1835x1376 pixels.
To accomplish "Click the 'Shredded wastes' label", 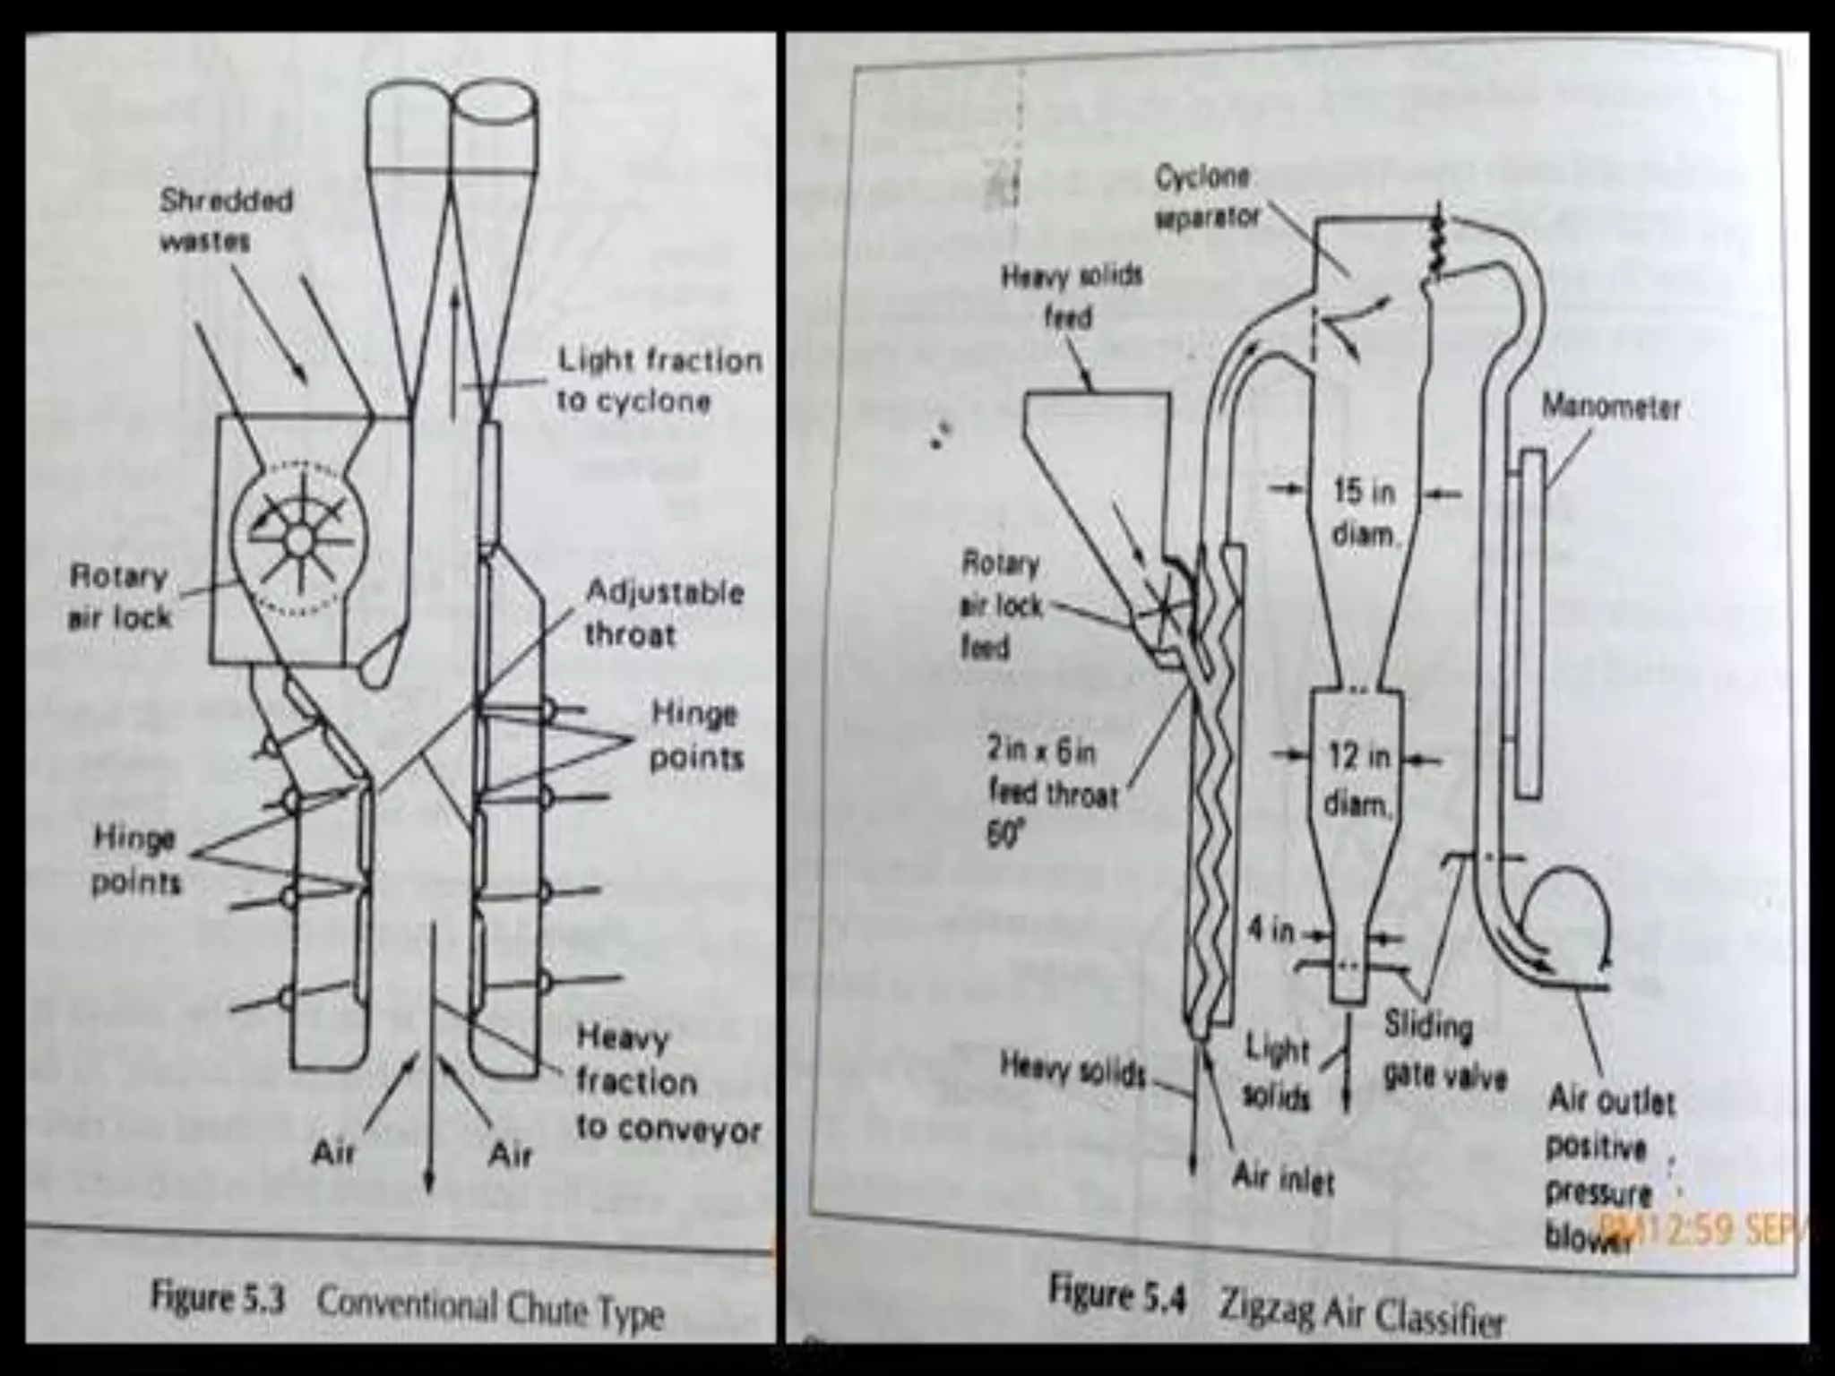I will coord(226,219).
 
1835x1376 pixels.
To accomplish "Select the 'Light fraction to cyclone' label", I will coord(659,380).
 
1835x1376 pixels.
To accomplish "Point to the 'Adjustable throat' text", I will coord(664,613).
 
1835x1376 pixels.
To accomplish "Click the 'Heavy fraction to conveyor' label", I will coord(667,1083).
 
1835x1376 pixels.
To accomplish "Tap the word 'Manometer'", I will coord(1610,408).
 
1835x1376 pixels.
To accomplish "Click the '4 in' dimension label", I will coord(1271,932).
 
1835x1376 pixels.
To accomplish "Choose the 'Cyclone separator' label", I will coord(1206,197).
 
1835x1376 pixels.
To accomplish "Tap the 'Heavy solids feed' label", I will coord(1071,296).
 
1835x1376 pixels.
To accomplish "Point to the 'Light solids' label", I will coord(1277,1072).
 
